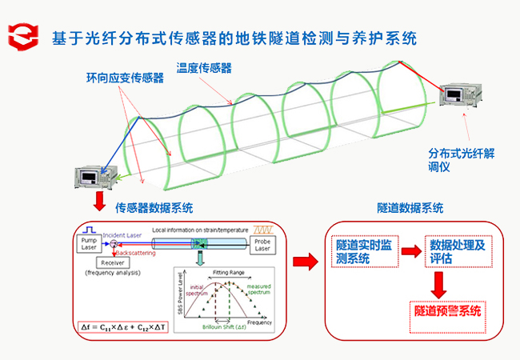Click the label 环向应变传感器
click(x=125, y=78)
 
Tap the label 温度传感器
click(x=205, y=68)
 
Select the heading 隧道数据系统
click(x=410, y=208)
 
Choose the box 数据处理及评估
click(x=458, y=250)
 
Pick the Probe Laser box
click(x=262, y=243)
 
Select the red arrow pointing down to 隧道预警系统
click(x=438, y=282)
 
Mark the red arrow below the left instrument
click(x=99, y=199)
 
